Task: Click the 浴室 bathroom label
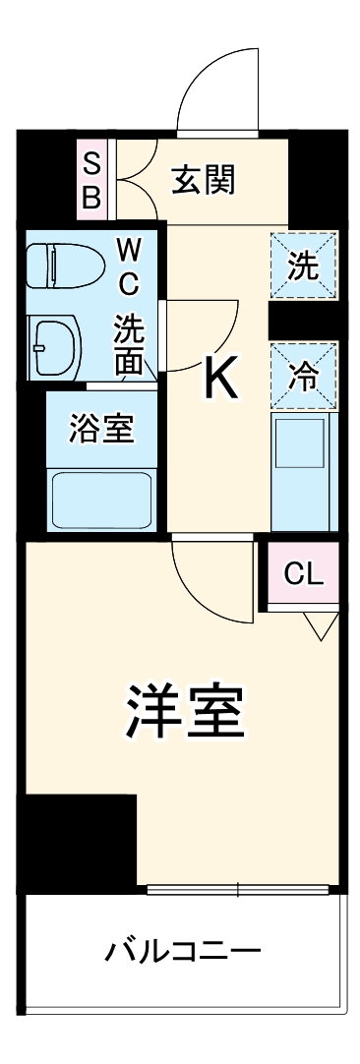click(100, 429)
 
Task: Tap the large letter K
click(220, 378)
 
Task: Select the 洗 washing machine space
click(304, 266)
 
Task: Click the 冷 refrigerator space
click(304, 377)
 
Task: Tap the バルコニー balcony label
click(184, 951)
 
